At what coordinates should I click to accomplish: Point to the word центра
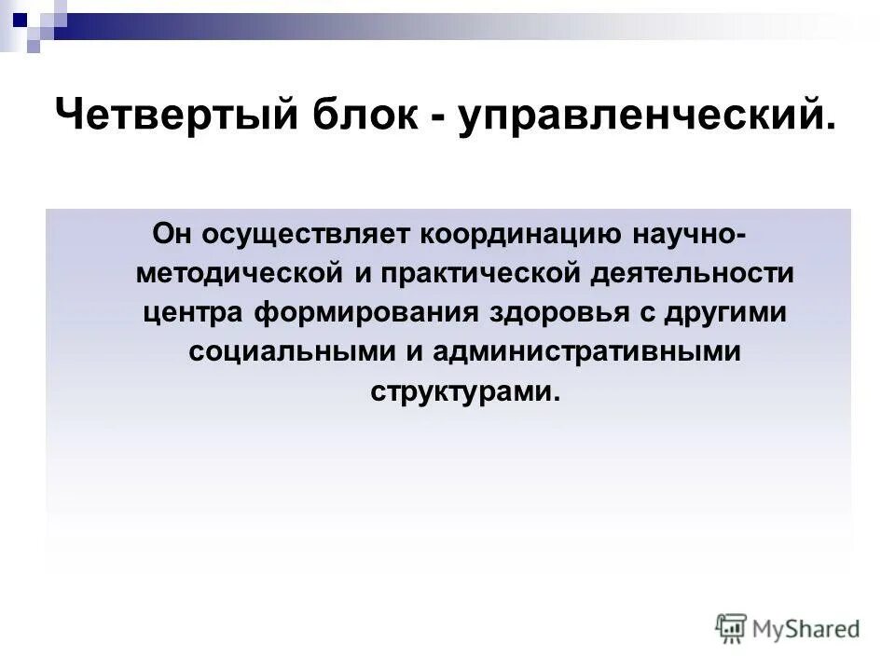coord(191,313)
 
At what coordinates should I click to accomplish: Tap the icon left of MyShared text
coord(731,628)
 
